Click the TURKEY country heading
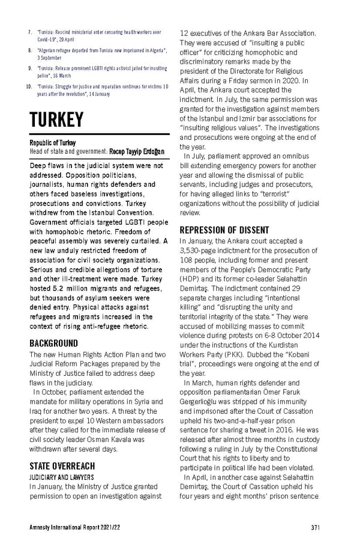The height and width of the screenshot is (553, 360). click(56, 119)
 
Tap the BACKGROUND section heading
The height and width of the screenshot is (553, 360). click(54, 343)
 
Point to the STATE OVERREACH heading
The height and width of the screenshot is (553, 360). click(62, 466)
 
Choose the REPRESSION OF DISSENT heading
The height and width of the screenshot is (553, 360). click(224, 231)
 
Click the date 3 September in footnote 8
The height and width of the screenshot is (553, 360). click(51, 59)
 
